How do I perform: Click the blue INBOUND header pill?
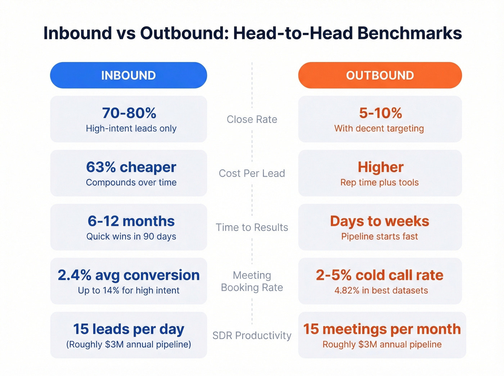[x=129, y=75]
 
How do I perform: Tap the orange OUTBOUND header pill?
[x=380, y=75]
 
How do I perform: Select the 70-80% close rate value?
[x=129, y=113]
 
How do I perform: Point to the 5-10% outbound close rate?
[x=380, y=113]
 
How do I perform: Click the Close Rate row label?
[x=252, y=119]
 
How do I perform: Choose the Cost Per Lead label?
[x=252, y=173]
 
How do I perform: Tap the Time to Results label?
[x=252, y=227]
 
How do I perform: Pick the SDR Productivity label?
[x=252, y=335]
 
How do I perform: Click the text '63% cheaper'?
[x=131, y=167]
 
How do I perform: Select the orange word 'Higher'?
[x=381, y=167]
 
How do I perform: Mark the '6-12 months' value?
[x=131, y=221]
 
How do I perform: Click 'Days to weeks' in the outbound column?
[x=379, y=221]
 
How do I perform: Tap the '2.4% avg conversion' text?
[x=129, y=275]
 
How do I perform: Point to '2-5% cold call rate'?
[x=379, y=275]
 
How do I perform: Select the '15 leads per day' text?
[x=129, y=329]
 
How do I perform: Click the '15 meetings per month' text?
[x=382, y=329]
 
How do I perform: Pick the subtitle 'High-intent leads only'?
[x=131, y=128]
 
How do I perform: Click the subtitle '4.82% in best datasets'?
[x=381, y=290]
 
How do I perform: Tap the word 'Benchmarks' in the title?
[x=409, y=33]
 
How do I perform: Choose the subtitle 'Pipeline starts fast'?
[x=379, y=236]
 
